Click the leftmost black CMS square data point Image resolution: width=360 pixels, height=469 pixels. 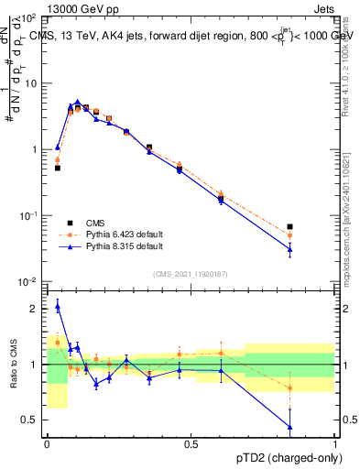tap(58, 168)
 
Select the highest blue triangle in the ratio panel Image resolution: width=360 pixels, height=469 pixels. tap(58, 306)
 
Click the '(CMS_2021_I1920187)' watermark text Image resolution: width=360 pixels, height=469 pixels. tap(191, 273)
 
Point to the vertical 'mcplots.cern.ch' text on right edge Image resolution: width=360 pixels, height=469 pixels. tap(350, 220)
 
